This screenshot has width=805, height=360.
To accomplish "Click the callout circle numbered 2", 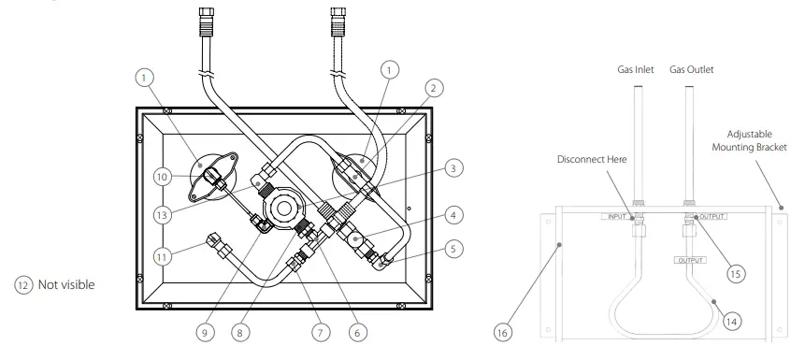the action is pos(433,88).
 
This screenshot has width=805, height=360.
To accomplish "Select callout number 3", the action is pos(453,168).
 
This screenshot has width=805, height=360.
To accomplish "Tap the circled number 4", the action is pos(453,215).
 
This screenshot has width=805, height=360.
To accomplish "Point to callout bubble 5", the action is pos(453,249).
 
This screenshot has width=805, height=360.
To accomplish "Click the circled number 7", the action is pos(321,333).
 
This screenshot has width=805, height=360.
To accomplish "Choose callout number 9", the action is pos(205,333).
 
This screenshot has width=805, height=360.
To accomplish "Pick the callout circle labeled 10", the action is pos(162,177).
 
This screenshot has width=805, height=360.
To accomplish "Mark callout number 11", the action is pos(162,256).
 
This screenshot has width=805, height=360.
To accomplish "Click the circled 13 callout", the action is pos(162,215).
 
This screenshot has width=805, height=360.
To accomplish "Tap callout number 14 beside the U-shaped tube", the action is pos(731,322).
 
